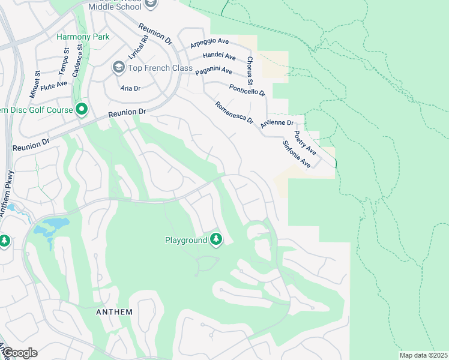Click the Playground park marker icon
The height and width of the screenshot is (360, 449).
coord(216,240)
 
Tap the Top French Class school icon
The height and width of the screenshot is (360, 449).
coord(118,68)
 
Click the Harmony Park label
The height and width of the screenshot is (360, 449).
coord(83,37)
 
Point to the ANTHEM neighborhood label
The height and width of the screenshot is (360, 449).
coord(114,313)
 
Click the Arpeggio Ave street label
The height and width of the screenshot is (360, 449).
coord(210,43)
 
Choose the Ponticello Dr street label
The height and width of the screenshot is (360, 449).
coord(247,90)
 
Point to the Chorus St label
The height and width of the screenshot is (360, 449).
coord(250,71)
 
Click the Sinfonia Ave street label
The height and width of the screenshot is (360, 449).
coord(296,154)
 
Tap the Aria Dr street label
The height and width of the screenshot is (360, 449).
coord(130,88)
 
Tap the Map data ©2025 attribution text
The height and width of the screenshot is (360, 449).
coord(423,355)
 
